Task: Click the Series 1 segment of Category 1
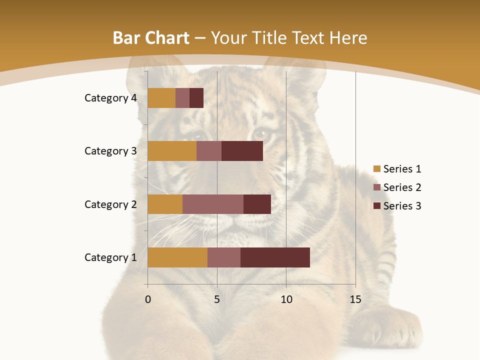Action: coord(177,257)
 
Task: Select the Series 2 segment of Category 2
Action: coord(213,204)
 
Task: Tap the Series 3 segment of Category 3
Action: coord(242,151)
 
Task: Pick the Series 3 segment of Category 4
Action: coord(196,98)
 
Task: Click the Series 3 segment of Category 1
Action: coord(275,257)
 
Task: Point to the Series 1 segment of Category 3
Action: coord(172,151)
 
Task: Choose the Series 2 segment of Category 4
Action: coord(182,98)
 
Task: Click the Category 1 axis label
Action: coord(110,257)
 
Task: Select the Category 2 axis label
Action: coord(110,204)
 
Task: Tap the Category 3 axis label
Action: coord(110,151)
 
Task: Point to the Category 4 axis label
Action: coord(110,98)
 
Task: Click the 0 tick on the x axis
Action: coord(148,299)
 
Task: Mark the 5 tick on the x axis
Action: coord(217,299)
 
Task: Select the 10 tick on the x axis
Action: coord(286,299)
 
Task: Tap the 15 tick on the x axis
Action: coord(355,299)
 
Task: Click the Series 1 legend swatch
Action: coord(377,169)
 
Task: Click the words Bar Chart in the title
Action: coord(151,38)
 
